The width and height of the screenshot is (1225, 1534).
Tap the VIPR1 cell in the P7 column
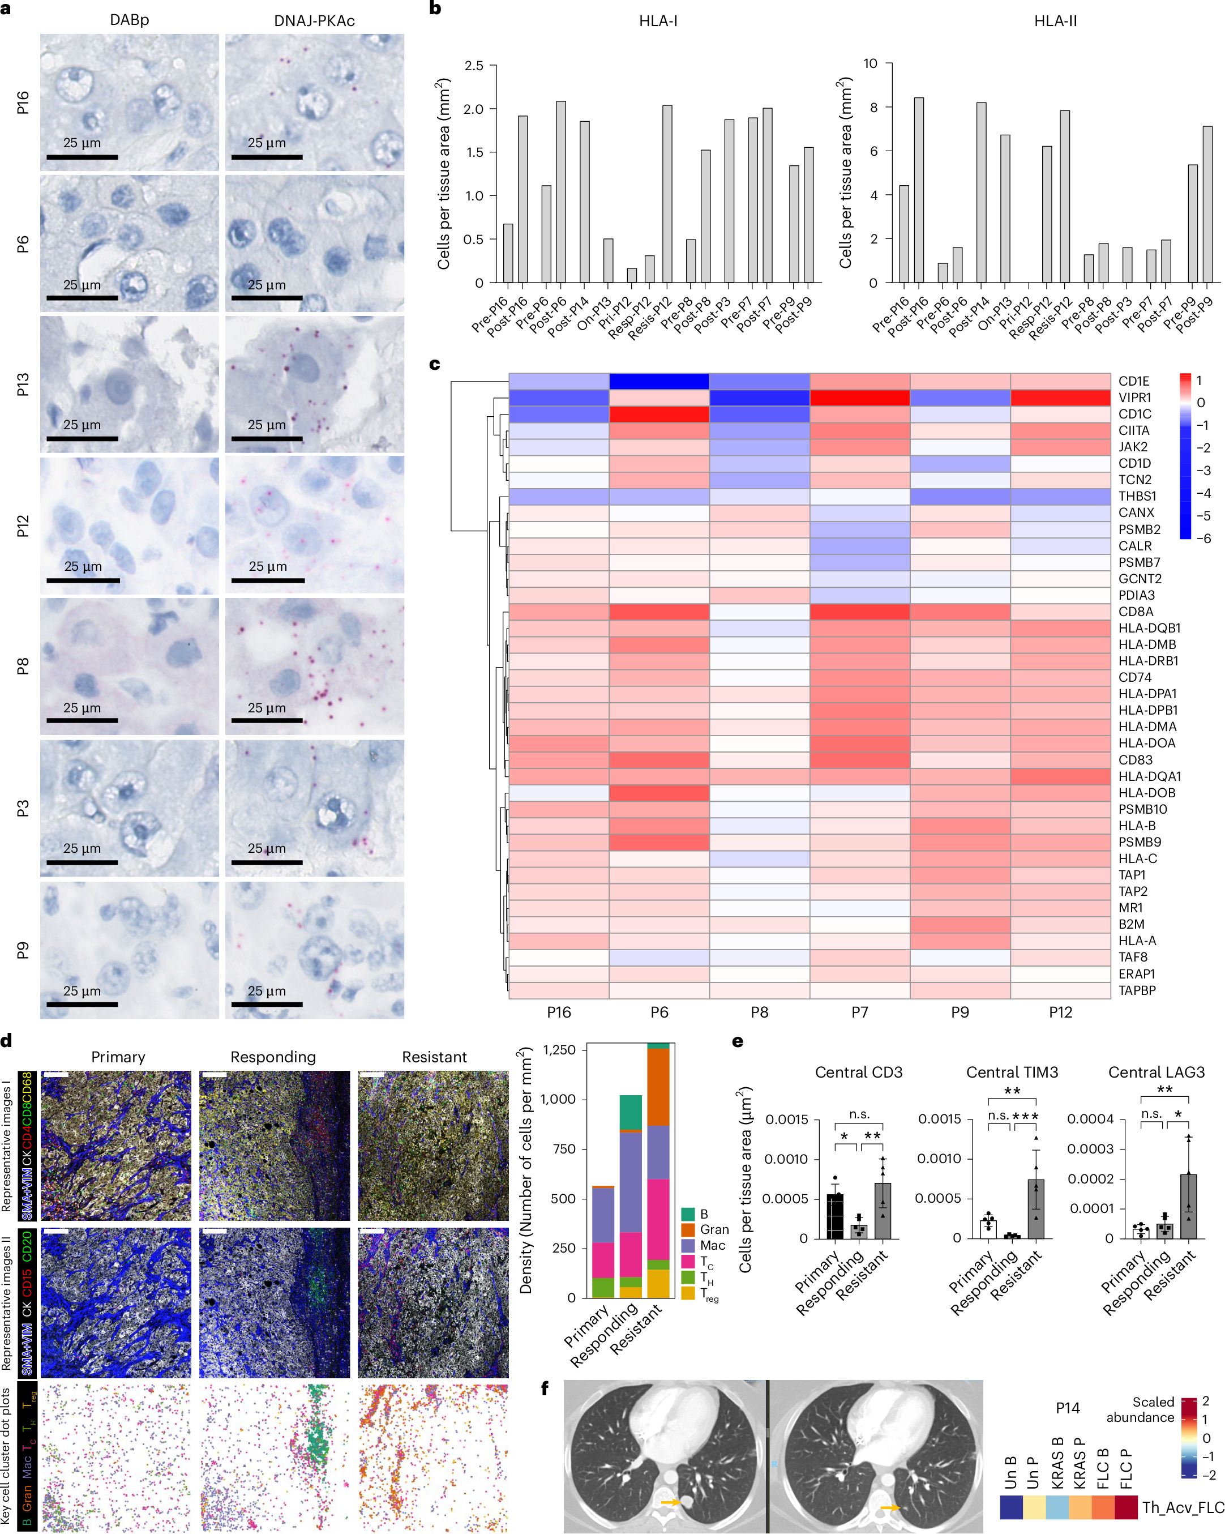(x=859, y=398)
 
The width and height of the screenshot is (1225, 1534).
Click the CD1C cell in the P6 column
(x=659, y=414)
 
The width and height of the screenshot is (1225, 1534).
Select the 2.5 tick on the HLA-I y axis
(x=474, y=66)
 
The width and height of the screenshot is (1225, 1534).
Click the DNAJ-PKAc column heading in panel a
(x=314, y=20)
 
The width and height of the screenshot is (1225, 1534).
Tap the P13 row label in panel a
(x=23, y=384)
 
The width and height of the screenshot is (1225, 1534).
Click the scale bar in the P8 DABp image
(x=82, y=721)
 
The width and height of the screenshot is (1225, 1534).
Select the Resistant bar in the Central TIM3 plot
(x=1036, y=1209)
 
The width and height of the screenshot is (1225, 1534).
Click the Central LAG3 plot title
(x=1155, y=1072)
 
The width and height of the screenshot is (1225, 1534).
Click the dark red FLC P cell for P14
(x=1125, y=1507)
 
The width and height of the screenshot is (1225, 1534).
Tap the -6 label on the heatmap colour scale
(x=1203, y=539)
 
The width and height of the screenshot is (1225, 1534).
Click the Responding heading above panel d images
(x=273, y=1057)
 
